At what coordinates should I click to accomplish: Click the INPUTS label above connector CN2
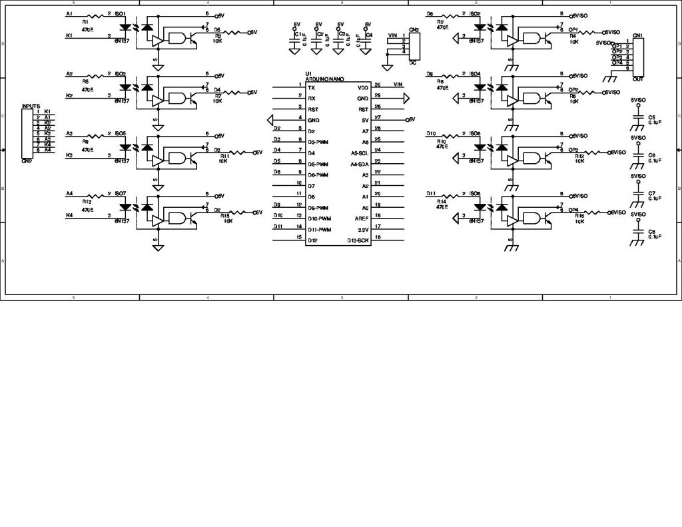[31, 106]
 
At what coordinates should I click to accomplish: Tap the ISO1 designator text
[120, 14]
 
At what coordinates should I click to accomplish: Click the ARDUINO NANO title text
[324, 78]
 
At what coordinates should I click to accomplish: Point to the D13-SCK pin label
[358, 240]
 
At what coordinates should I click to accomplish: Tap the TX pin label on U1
[311, 87]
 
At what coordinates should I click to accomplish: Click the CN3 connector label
[414, 30]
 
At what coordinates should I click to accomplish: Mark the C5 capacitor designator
[652, 117]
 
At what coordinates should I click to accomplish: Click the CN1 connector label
[637, 34]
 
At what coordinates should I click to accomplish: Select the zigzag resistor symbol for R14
[451, 195]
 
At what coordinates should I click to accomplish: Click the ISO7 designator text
[121, 194]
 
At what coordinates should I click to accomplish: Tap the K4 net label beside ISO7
[69, 215]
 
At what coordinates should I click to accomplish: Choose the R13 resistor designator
[87, 202]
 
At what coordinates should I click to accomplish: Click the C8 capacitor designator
[652, 231]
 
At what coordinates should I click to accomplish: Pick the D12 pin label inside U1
[312, 240]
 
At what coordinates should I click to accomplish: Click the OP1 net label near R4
[573, 29]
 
